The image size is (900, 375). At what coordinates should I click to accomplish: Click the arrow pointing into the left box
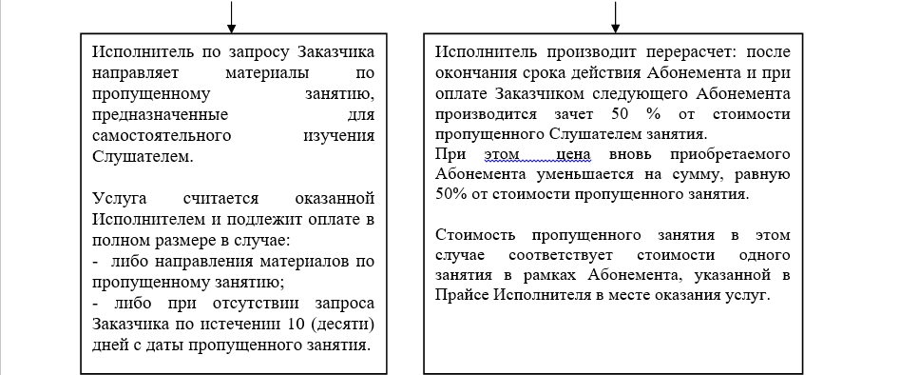[231, 17]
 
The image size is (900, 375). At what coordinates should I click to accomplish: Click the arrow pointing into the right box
[615, 17]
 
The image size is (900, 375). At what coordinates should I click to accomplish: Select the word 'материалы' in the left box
[267, 73]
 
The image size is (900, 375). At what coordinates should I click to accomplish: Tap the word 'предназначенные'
[161, 115]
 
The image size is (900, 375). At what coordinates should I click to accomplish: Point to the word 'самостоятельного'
[162, 136]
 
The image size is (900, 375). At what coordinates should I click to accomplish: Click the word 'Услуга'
[120, 199]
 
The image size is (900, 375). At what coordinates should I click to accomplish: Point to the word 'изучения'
[338, 136]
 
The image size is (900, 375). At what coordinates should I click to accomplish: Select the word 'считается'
[221, 199]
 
